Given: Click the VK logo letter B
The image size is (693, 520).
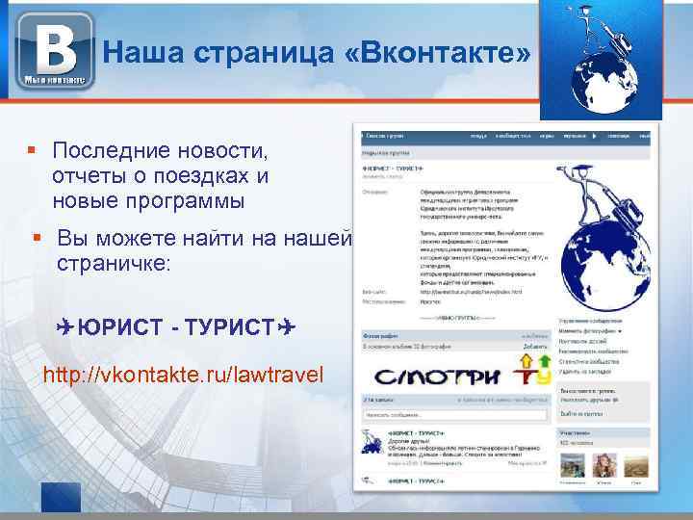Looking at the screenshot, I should [x=53, y=47].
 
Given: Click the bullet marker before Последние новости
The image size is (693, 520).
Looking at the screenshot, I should [x=32, y=151].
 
